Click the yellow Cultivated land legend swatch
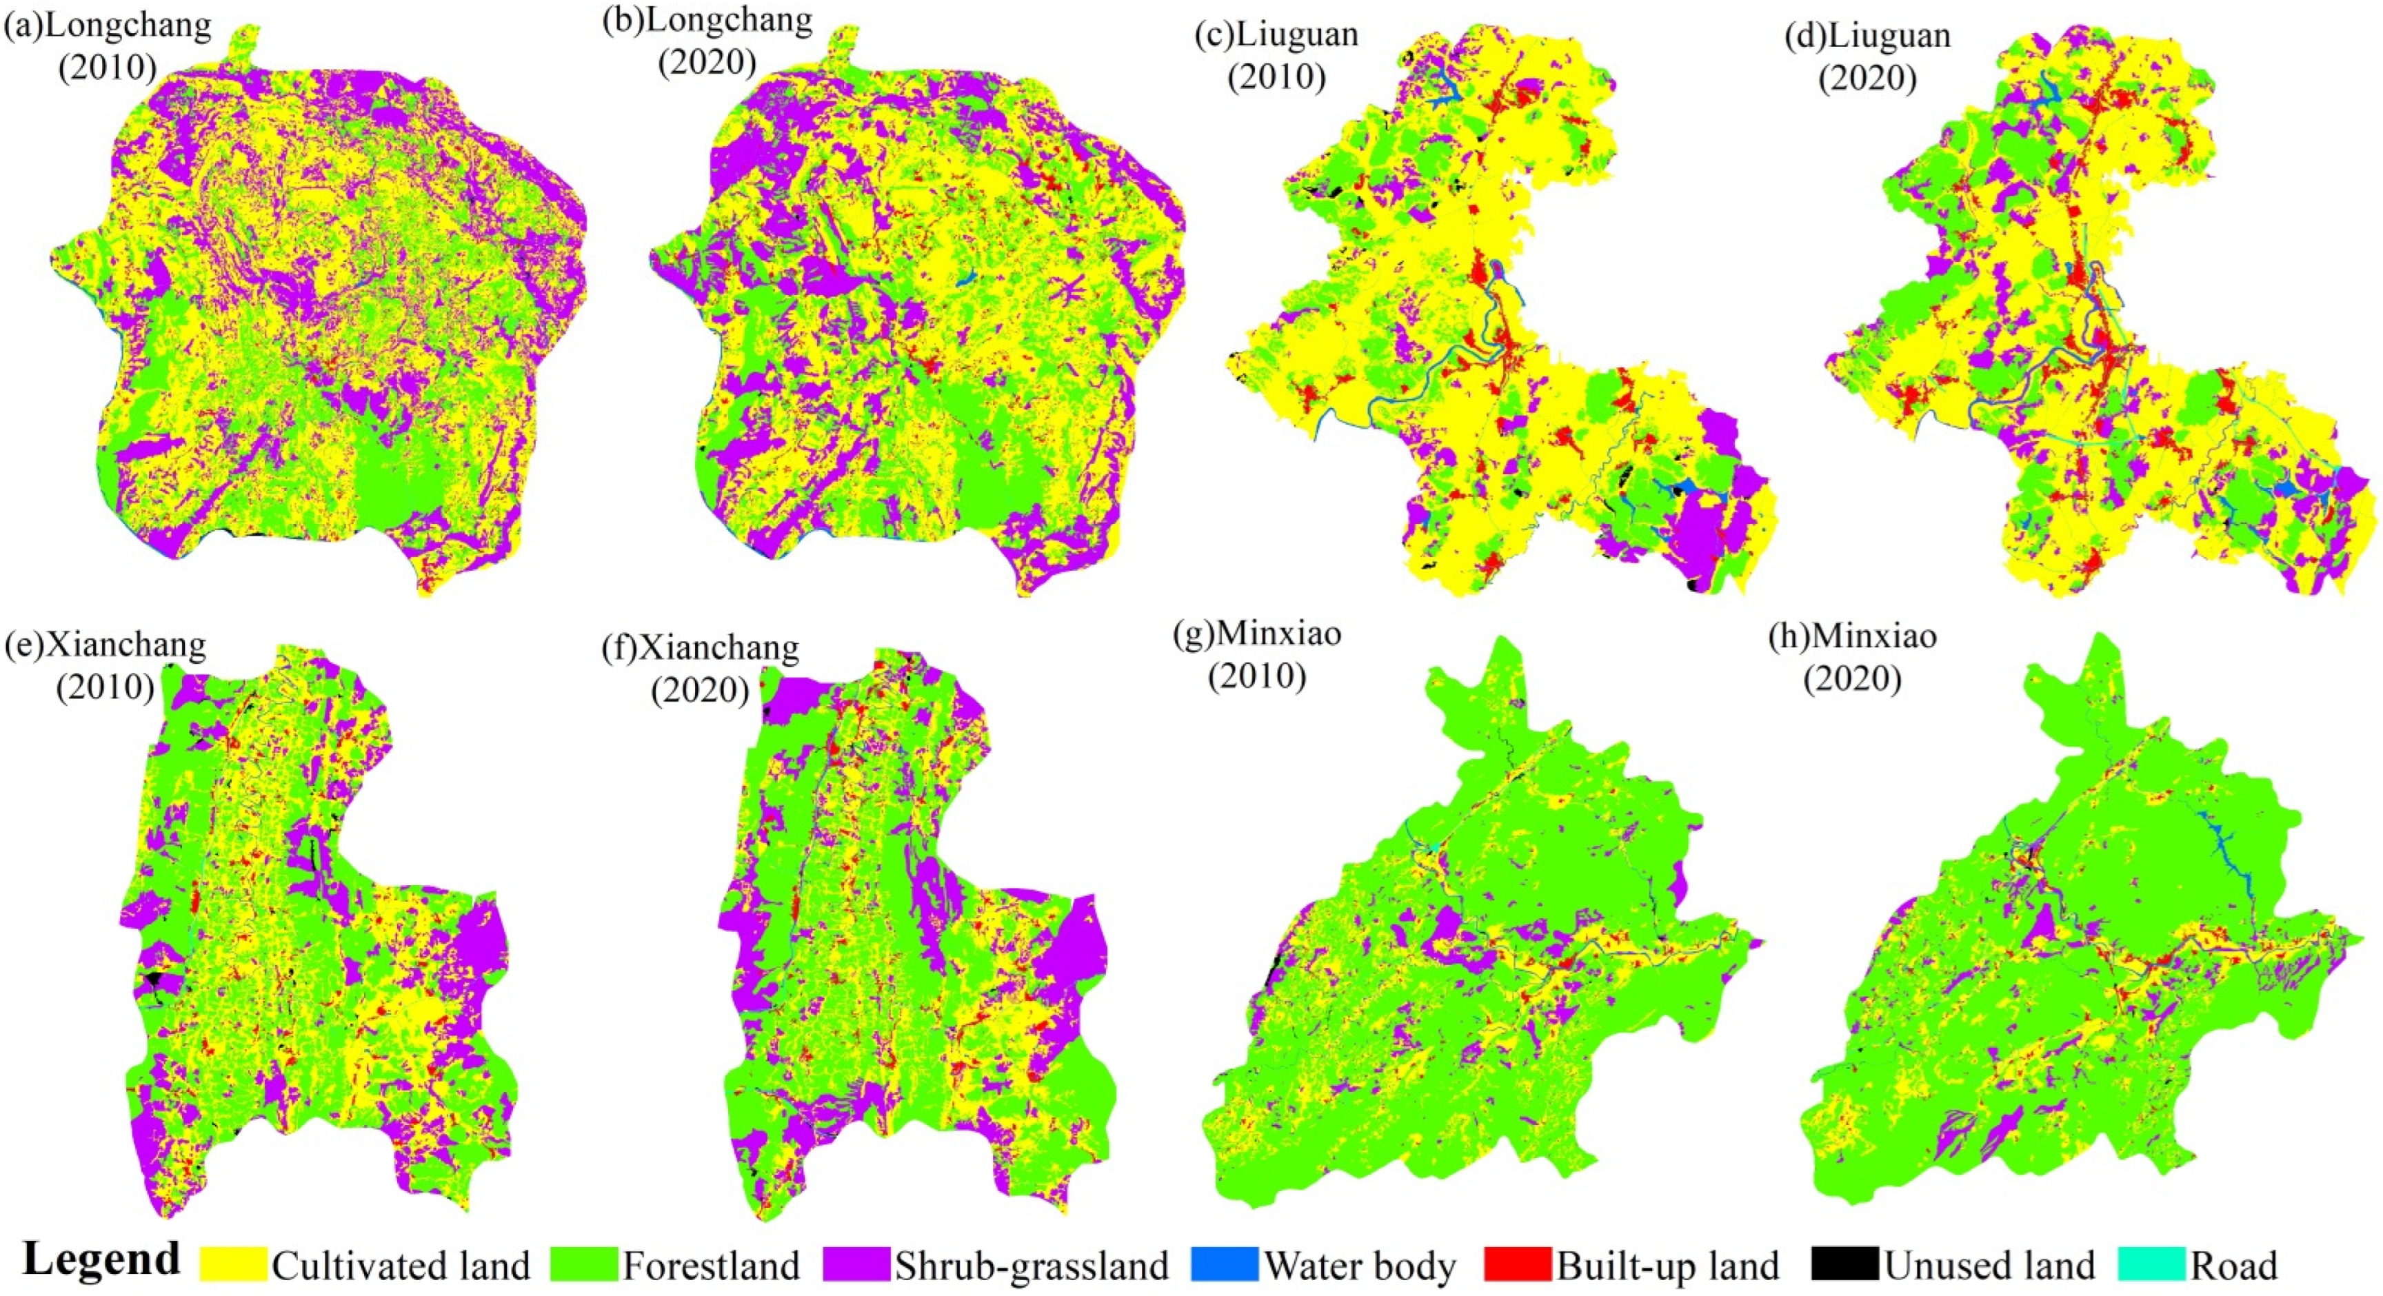coord(233,1264)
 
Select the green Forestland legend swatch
coord(584,1264)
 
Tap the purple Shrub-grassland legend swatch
coord(856,1264)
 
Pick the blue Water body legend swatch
coord(1224,1264)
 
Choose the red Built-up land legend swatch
coord(1517,1264)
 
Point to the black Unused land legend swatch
coord(1844,1264)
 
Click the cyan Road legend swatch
coord(2152,1264)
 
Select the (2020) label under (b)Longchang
coord(707,62)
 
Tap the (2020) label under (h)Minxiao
coord(1853,678)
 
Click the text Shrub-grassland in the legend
coord(1032,1266)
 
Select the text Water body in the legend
coord(1360,1266)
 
